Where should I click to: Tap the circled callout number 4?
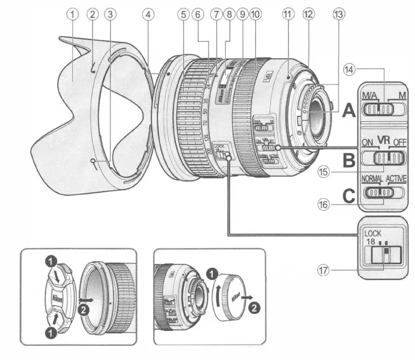coord(147,15)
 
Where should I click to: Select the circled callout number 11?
coord(286,15)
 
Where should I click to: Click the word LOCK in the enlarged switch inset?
coord(373,233)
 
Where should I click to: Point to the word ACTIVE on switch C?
coord(395,179)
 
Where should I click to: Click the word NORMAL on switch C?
coord(372,179)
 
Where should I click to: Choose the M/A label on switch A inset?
coord(370,97)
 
